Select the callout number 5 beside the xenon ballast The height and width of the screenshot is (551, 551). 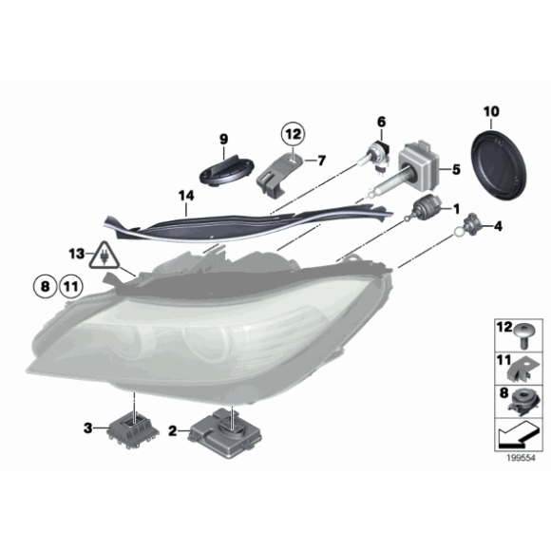456,170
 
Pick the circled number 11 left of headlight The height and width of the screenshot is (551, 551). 71,284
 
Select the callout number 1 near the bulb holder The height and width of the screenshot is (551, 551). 457,208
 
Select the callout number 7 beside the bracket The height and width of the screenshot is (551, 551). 321,159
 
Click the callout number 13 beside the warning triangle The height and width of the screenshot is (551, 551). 75,255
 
